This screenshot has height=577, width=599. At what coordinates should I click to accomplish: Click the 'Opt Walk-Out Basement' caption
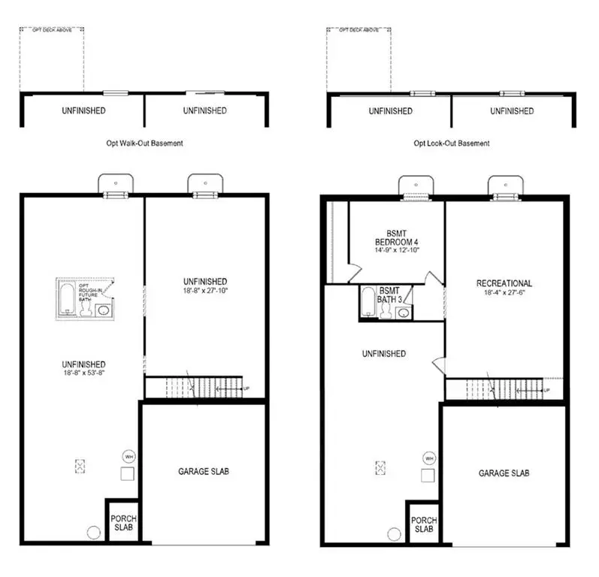(144, 143)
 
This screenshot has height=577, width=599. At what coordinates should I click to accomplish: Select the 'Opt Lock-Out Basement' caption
(451, 143)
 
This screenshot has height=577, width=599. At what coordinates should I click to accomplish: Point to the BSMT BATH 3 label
(389, 295)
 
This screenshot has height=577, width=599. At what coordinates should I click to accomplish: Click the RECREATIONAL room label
(504, 283)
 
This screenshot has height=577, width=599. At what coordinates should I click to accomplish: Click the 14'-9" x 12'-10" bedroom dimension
(396, 251)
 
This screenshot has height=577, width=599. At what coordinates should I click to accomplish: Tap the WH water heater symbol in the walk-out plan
(127, 455)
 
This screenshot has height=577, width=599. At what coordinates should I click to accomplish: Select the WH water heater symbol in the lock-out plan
(429, 458)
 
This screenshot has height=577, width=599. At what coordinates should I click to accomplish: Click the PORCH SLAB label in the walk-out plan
(123, 523)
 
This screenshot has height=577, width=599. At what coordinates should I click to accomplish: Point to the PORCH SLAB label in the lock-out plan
(424, 524)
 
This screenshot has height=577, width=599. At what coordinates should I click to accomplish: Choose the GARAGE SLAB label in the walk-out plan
(203, 472)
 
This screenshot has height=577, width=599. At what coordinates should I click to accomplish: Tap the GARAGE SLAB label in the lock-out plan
(504, 473)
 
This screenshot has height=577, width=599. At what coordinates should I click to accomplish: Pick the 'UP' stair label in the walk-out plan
(246, 389)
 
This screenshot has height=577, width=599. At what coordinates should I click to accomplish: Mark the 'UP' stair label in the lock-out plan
(546, 391)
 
